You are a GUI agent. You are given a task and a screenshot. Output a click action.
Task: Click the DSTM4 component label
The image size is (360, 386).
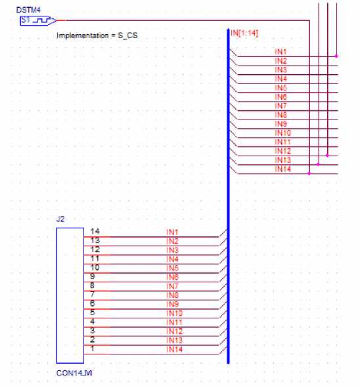pos(28,10)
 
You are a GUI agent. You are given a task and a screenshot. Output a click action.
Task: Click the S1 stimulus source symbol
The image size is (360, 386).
pos(38,21)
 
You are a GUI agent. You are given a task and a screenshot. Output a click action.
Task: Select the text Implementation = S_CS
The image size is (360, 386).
pos(97,35)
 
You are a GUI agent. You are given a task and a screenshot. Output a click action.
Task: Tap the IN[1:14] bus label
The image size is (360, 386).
pos(244,33)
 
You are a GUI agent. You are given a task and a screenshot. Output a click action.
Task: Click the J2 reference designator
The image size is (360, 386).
pos(60,219)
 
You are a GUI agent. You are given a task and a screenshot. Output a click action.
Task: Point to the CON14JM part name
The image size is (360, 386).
pos(74,373)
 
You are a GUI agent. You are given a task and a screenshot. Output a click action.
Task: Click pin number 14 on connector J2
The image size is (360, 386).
pos(95,231)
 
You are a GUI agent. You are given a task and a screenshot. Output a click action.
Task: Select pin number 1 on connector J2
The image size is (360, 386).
pos(93,349)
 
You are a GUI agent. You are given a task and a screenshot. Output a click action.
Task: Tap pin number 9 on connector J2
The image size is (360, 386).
pos(93,276)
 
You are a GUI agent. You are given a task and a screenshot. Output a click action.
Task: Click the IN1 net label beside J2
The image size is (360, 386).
pos(172,232)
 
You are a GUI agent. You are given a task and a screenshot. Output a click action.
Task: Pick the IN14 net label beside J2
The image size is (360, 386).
pos(174,349)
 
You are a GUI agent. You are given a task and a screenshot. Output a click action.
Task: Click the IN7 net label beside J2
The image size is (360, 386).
pos(172,286)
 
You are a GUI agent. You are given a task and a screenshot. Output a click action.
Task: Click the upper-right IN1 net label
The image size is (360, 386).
pos(281,52)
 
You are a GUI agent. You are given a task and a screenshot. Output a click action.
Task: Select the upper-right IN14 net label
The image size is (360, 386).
pos(282,169)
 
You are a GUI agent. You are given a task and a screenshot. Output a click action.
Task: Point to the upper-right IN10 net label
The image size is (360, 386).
pos(282,133)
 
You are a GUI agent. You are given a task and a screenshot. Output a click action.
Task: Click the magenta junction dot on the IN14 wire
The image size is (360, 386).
pos(309,173)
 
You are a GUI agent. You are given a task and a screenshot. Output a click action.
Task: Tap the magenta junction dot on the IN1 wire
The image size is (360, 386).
pos(336,56)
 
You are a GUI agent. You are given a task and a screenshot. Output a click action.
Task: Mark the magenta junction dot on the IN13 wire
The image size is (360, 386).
pos(319,164)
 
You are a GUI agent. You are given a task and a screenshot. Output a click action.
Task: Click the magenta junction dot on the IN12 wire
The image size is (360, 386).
pos(327,156)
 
